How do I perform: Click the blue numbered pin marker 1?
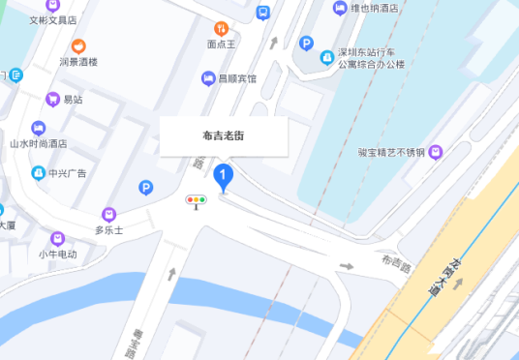coord(225,176)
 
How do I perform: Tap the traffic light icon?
coord(198,201)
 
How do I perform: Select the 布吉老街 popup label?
coord(223,135)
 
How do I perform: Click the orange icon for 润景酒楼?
coord(79,45)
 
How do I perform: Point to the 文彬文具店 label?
coord(53,18)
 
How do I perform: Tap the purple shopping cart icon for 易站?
coord(53,99)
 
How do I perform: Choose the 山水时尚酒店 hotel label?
coord(39,142)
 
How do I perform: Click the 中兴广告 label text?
coord(68,174)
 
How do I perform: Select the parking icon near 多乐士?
coord(146,188)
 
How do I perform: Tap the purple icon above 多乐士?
coord(108,214)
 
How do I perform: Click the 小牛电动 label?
coord(58,254)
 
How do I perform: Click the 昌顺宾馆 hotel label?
coord(235,78)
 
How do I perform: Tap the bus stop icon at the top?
coord(262,12)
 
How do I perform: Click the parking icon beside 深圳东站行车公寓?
coord(306,44)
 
